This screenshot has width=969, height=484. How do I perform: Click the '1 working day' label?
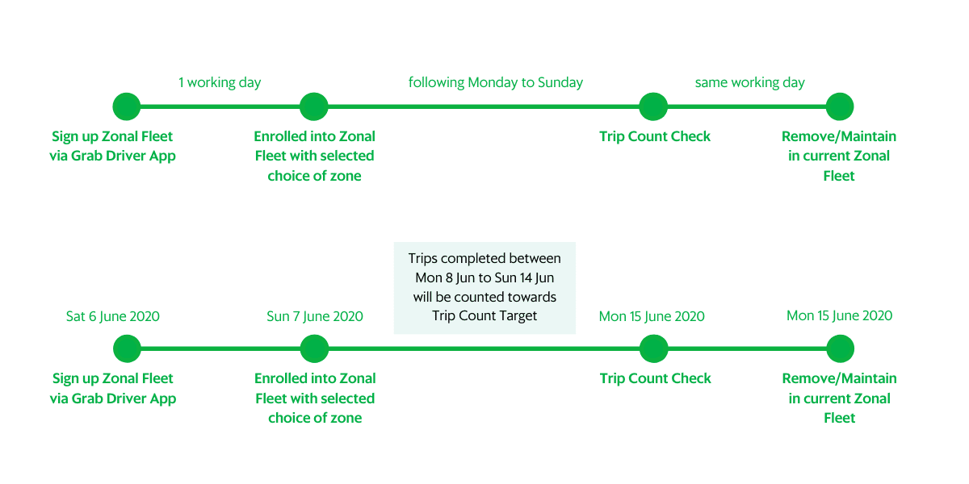click(x=220, y=82)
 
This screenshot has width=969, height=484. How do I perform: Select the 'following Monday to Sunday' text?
click(x=496, y=82)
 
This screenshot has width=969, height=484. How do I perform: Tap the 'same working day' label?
click(x=749, y=82)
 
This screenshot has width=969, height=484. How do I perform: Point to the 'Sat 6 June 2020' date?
click(x=113, y=316)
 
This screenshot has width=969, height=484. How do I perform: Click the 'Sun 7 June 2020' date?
click(x=315, y=316)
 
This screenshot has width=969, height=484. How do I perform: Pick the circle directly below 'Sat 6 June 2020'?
click(x=128, y=348)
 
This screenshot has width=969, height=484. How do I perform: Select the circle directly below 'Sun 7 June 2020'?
click(x=314, y=348)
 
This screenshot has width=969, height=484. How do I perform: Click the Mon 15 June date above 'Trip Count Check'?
click(x=652, y=316)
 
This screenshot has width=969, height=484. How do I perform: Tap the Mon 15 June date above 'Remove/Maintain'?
click(x=839, y=316)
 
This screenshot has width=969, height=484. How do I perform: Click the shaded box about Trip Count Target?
click(x=484, y=288)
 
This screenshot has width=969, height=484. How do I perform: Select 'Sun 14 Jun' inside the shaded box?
click(x=524, y=277)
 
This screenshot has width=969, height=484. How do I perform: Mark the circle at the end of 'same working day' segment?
click(x=840, y=106)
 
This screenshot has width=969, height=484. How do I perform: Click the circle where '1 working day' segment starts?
click(x=127, y=106)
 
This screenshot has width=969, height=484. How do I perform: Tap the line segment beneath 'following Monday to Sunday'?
click(x=484, y=106)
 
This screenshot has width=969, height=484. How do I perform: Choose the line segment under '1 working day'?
click(x=220, y=106)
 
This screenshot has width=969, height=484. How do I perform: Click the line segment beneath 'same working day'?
click(x=747, y=106)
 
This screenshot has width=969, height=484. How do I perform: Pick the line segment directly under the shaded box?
click(x=484, y=348)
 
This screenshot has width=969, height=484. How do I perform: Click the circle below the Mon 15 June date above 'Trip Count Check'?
click(x=653, y=348)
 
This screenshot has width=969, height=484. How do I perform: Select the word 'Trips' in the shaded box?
click(x=423, y=258)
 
